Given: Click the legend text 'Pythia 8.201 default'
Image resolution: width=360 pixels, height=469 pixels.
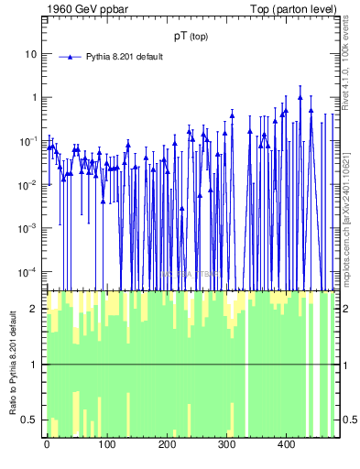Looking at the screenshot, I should click(x=124, y=57).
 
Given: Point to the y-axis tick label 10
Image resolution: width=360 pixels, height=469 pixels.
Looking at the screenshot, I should click(x=31, y=54).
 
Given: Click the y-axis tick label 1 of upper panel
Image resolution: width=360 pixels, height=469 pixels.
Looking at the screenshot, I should click(x=34, y=98).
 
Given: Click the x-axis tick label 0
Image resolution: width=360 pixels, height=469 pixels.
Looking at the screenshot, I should click(x=47, y=445).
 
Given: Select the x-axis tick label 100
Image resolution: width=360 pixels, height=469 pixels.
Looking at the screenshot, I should click(x=106, y=445).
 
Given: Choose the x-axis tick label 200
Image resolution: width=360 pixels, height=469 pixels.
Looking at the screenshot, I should click(x=167, y=445).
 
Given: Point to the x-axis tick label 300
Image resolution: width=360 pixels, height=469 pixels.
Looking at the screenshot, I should click(x=226, y=445).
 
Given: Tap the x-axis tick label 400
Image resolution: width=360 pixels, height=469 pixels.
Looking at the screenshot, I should click(x=286, y=445).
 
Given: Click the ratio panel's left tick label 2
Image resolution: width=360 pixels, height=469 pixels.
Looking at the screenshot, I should click(x=34, y=309).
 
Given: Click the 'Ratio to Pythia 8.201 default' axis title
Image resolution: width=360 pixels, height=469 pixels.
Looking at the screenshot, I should click(x=12, y=364).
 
